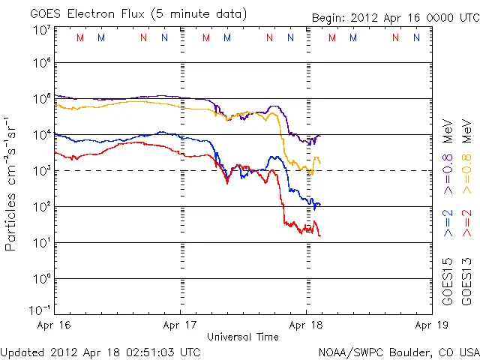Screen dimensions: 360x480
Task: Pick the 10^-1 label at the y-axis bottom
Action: pos(39,310)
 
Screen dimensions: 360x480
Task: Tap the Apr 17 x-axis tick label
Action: pos(181,325)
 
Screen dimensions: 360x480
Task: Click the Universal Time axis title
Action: pos(243,337)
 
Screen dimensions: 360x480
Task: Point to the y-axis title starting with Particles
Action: pos(12,184)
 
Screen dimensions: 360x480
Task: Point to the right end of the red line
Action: pos(320,236)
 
